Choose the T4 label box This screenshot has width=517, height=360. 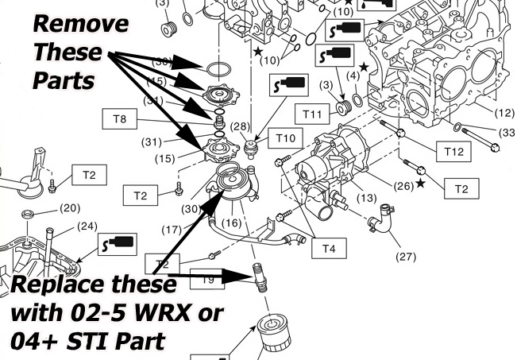pos(328,248)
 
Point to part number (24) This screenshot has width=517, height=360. pos(87,225)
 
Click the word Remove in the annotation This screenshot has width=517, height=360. pos(80,24)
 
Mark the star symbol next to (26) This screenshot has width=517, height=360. pos(419,184)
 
